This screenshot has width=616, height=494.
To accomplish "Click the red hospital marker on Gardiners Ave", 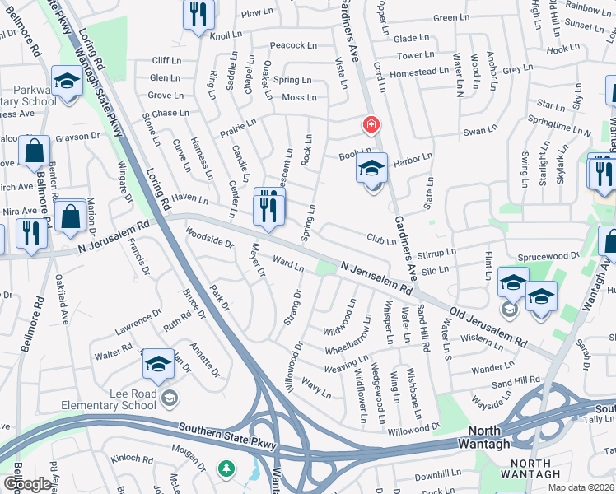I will click(371, 125).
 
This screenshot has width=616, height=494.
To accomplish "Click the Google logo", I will click(28, 484).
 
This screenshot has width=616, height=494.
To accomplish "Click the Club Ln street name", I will click(381, 240).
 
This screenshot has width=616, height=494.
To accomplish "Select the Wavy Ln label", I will click(315, 387).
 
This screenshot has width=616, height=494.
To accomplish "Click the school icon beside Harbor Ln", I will click(371, 170).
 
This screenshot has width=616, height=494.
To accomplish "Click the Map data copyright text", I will click(580, 487).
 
